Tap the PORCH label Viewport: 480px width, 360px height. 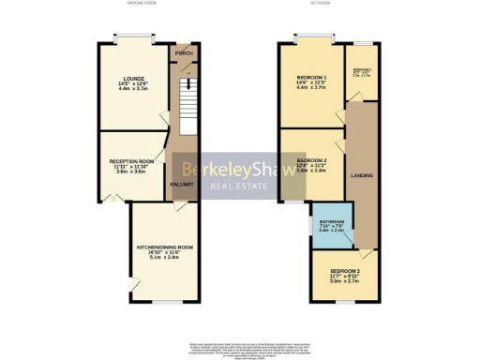pos(183,52)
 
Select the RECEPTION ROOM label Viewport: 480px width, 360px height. pos(129,160)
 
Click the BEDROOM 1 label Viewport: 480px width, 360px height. pos(311,77)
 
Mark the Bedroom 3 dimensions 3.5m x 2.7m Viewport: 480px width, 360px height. pos(343,281)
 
